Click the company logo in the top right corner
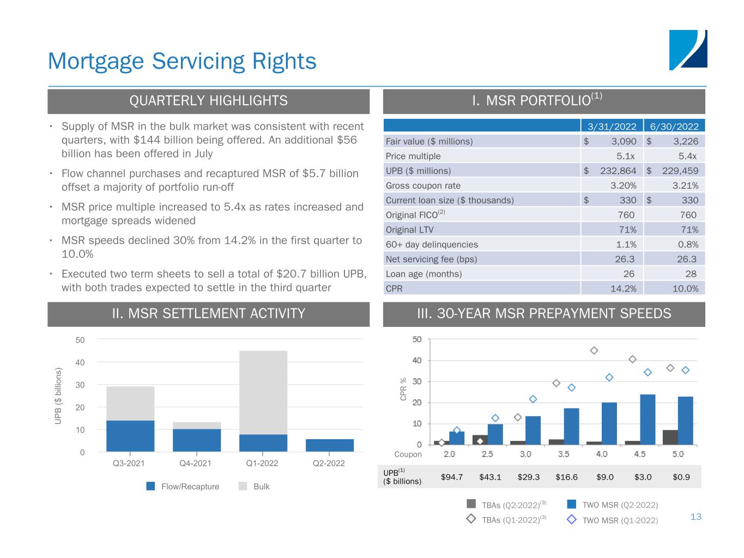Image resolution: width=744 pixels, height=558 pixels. click(688, 50)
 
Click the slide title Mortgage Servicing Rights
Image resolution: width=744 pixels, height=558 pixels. click(182, 60)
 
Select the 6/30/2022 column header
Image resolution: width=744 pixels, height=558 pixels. click(674, 126)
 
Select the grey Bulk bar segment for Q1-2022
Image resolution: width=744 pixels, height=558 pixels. click(263, 392)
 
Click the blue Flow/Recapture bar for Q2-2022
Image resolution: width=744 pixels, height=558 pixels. click(329, 445)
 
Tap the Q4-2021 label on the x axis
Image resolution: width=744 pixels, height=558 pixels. click(196, 464)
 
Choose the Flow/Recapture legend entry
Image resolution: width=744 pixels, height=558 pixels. click(183, 486)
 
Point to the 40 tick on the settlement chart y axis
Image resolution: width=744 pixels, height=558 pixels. click(80, 362)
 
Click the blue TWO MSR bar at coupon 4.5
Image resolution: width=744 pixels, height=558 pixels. click(648, 419)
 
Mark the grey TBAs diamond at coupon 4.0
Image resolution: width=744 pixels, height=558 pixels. click(594, 350)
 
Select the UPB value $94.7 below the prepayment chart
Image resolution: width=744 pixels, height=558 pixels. click(452, 477)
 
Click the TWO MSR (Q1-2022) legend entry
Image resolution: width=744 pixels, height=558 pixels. click(613, 520)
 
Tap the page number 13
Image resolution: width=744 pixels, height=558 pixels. click(695, 517)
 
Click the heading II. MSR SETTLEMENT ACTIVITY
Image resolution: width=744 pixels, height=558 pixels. click(208, 314)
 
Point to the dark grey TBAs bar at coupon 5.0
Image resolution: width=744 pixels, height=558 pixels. click(670, 437)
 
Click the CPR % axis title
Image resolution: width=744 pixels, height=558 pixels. click(403, 390)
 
